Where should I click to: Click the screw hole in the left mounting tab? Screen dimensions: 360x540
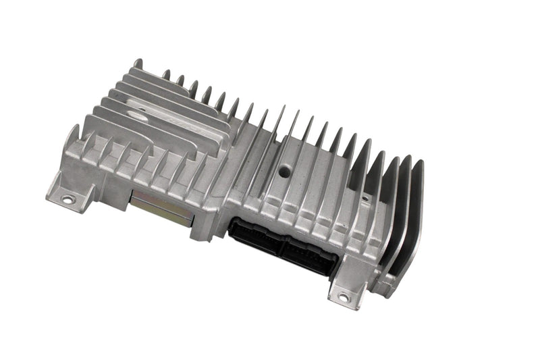tap(67, 199)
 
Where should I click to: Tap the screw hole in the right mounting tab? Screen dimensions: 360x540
tap(343, 296)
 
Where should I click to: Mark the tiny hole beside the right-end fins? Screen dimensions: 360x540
tap(365, 199)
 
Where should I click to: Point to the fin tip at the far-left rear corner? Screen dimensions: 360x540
tap(138, 63)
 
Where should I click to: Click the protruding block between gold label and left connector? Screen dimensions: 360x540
tap(206, 224)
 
